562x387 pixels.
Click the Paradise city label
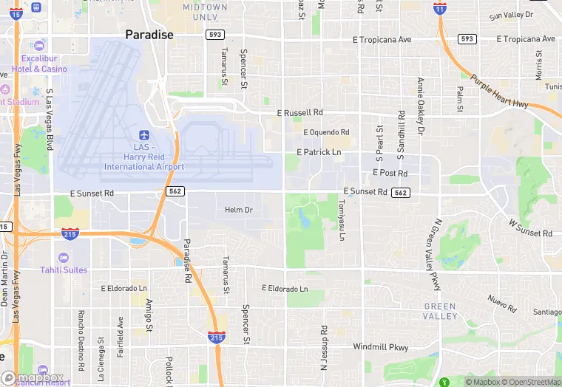[149, 35]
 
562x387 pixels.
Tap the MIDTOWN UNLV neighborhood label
[205, 12]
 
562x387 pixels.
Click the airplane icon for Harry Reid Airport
[144, 136]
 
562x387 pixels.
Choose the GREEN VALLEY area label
[440, 311]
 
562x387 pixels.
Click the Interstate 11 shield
[441, 9]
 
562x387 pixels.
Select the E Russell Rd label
[300, 113]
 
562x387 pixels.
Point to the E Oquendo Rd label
[325, 132]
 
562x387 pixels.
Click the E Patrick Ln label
[319, 152]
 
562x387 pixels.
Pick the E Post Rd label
[390, 174]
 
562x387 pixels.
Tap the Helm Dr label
[239, 210]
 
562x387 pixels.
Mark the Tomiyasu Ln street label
[341, 220]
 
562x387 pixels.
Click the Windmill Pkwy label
[380, 346]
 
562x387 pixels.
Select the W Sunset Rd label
[530, 227]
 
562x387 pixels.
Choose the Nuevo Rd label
[502, 303]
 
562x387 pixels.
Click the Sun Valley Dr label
[511, 15]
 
